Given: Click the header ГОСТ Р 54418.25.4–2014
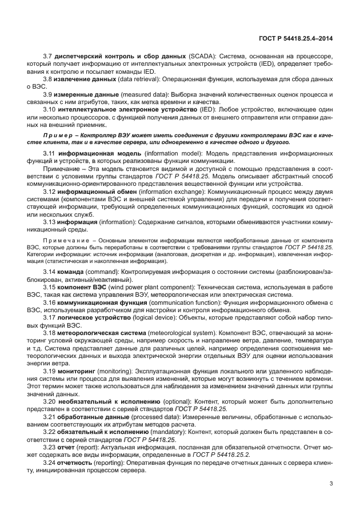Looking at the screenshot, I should pyautogui.click(x=296, y=38).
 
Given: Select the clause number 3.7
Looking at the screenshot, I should pyautogui.click(x=48, y=58).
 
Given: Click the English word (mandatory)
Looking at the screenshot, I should pyautogui.click(x=167, y=433).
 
